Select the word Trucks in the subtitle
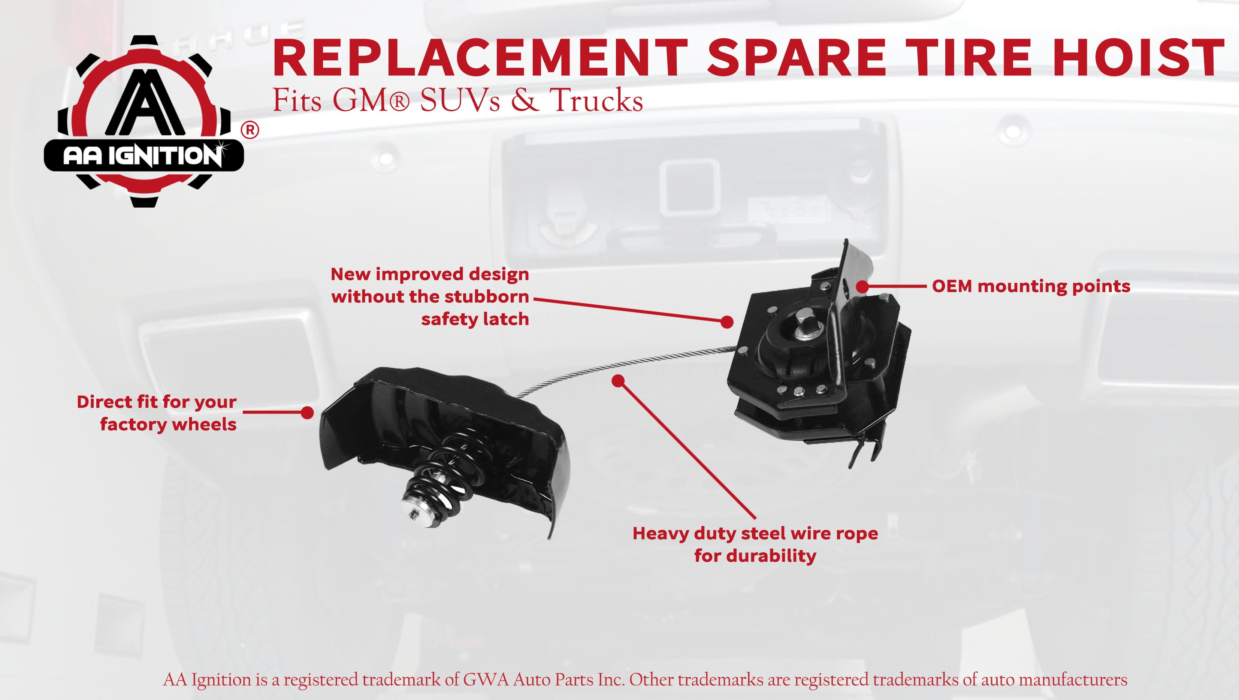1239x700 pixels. (x=596, y=100)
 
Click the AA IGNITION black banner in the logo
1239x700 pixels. (x=144, y=156)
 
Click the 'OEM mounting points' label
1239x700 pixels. (x=1031, y=286)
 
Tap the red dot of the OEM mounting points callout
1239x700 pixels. (x=862, y=287)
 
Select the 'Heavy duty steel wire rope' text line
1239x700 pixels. (x=755, y=533)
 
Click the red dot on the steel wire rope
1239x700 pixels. (x=619, y=381)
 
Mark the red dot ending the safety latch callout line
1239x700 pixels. (x=727, y=322)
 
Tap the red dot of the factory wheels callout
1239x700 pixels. (x=307, y=412)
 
